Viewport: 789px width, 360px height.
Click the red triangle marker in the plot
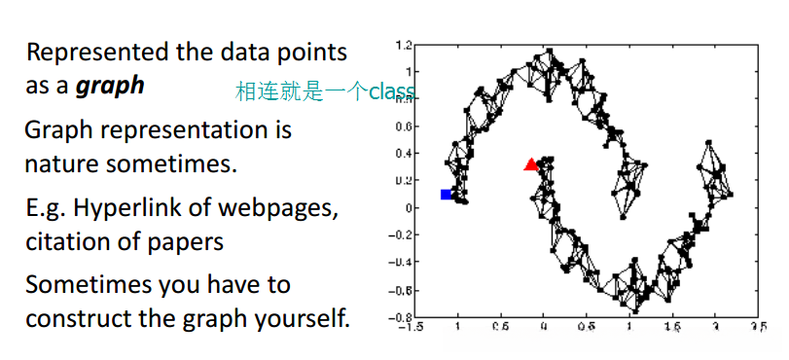pyautogui.click(x=531, y=165)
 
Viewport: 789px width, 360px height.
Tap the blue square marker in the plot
pyautogui.click(x=447, y=195)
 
